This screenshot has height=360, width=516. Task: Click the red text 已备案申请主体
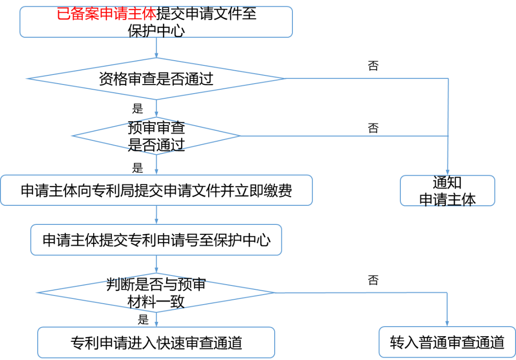pyautogui.click(x=106, y=14)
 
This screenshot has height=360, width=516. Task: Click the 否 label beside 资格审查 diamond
pyautogui.click(x=373, y=66)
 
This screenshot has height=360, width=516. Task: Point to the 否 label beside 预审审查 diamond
pyautogui.click(x=373, y=128)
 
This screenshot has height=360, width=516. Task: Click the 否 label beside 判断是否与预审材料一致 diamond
pyautogui.click(x=373, y=280)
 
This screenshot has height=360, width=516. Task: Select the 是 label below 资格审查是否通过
pyautogui.click(x=138, y=108)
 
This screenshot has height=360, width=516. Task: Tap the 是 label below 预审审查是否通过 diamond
pyautogui.click(x=138, y=168)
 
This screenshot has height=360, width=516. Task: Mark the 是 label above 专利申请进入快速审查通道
pyautogui.click(x=143, y=319)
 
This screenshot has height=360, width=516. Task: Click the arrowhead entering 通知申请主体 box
pyautogui.click(x=448, y=173)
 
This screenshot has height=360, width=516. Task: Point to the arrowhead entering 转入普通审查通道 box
pyautogui.click(x=447, y=324)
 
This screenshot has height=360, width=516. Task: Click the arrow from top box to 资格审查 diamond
pyautogui.click(x=156, y=48)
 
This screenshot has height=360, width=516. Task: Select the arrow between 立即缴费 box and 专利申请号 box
pyautogui.click(x=156, y=215)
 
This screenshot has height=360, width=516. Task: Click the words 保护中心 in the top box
pyautogui.click(x=156, y=31)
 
